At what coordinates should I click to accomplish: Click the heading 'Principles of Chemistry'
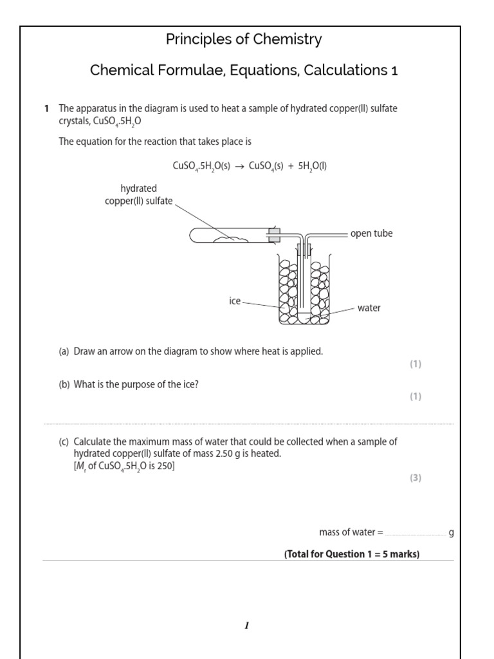(x=244, y=40)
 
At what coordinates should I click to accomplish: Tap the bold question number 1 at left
(x=47, y=109)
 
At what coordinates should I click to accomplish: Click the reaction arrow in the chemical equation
(x=240, y=166)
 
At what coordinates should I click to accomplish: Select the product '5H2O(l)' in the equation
(x=311, y=166)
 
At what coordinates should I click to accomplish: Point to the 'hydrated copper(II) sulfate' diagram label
(x=138, y=194)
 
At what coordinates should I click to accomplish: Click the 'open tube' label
(x=371, y=234)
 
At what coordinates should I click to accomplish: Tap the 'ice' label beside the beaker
(x=235, y=301)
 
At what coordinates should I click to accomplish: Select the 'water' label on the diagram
(x=369, y=308)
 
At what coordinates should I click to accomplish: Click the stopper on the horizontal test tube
(x=274, y=236)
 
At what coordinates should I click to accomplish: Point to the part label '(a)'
(x=64, y=351)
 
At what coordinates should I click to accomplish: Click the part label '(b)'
(x=64, y=385)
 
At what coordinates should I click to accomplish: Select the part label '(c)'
(x=64, y=442)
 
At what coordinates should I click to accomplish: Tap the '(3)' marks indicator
(x=416, y=478)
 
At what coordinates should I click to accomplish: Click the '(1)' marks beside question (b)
(x=416, y=396)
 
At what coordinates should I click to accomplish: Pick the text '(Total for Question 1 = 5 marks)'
(x=352, y=554)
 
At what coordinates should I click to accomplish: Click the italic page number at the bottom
(x=246, y=626)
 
